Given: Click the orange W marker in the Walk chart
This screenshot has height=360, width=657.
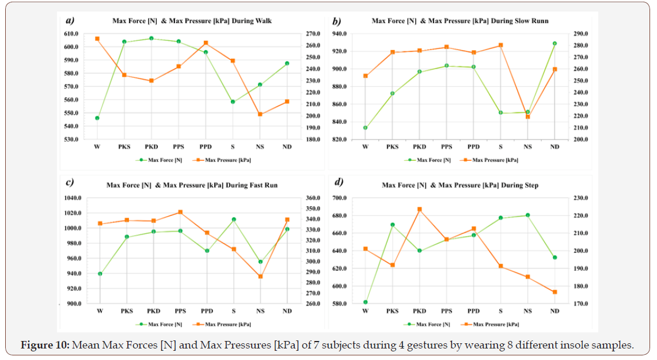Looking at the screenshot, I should coord(97,39).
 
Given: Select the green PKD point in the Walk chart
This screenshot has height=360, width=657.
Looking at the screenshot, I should coord(151,39).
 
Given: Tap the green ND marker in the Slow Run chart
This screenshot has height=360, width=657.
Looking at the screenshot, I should coord(555,43).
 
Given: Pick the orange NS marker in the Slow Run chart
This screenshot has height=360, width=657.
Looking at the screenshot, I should coord(528,117).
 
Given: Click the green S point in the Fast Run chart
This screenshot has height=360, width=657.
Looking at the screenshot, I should coord(234,219).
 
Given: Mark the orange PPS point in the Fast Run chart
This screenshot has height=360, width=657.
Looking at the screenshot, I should coord(180,212).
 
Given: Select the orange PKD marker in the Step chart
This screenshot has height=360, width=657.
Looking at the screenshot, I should coord(420,210).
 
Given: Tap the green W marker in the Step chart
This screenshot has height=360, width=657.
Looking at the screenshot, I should coord(366,302).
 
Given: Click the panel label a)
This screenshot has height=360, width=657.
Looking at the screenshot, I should coord(70,21).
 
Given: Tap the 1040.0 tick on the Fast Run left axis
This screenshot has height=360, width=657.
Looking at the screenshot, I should coord(73,198).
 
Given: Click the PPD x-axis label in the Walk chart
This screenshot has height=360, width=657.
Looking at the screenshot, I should coord(206,147).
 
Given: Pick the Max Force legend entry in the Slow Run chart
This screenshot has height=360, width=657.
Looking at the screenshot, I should coord(428,160).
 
